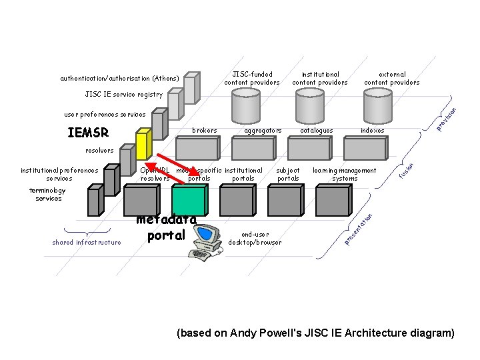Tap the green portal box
click(189, 201)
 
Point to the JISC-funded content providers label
click(251, 79)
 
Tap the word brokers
click(204, 130)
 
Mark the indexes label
click(372, 130)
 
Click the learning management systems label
click(345, 175)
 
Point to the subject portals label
click(288, 175)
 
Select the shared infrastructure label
click(87, 242)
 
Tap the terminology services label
click(48, 195)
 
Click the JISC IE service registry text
click(124, 95)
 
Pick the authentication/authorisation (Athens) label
click(119, 78)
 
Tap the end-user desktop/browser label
click(255, 238)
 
